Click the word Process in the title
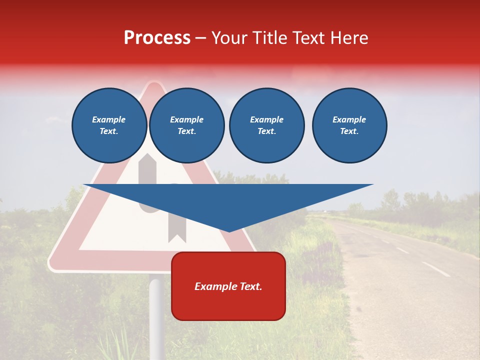(x=157, y=38)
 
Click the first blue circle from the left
(x=109, y=125)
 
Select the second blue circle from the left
(x=186, y=125)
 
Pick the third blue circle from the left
(x=266, y=125)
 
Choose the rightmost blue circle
(x=349, y=125)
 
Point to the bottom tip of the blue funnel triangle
(x=229, y=231)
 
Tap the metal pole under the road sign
(x=156, y=315)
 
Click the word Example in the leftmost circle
(x=109, y=119)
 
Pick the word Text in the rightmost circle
(x=349, y=131)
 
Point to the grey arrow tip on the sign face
(x=147, y=157)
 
